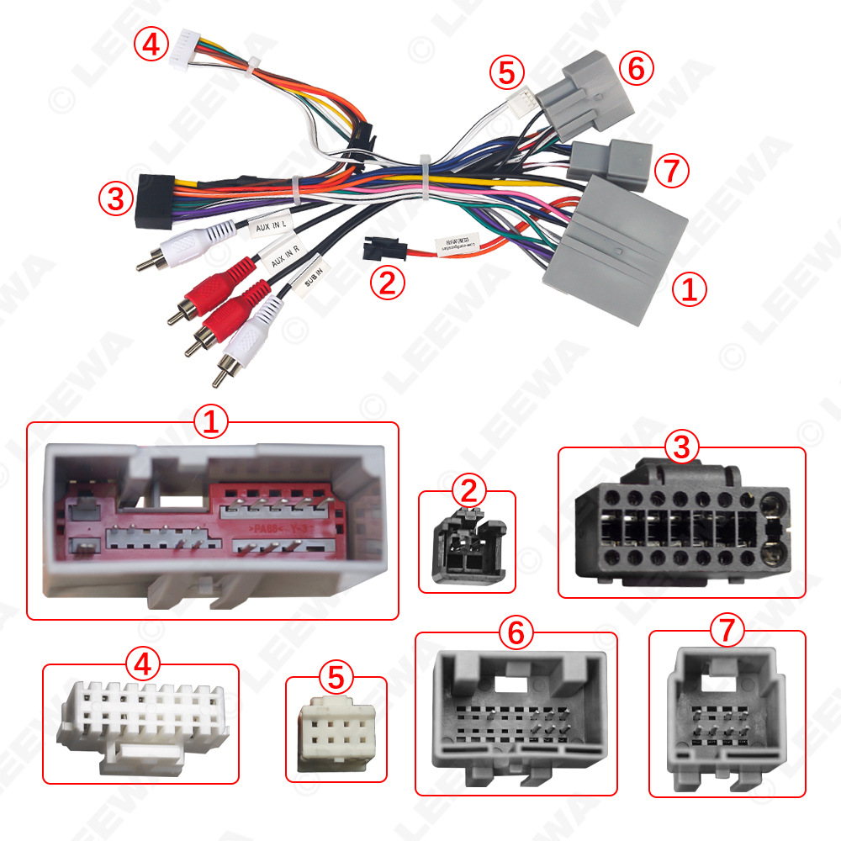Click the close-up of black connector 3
click(682, 523)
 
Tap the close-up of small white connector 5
click(336, 728)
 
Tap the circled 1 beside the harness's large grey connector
click(688, 290)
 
